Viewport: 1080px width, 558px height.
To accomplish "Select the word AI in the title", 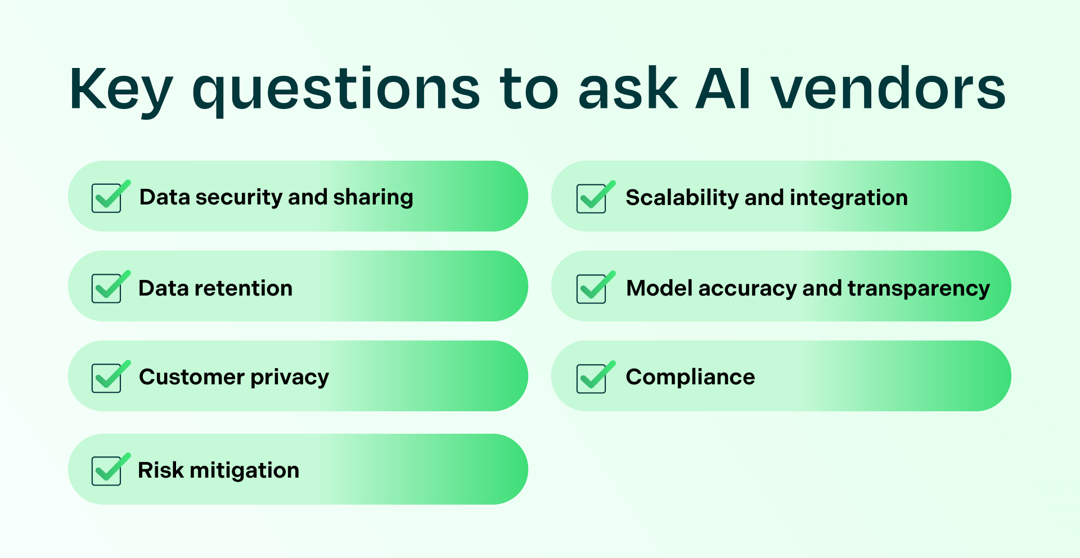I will (x=723, y=89).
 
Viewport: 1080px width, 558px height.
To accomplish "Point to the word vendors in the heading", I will (x=888, y=89).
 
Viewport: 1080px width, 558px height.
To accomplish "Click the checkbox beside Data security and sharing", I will (x=107, y=198).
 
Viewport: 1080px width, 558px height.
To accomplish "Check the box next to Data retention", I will (x=107, y=288).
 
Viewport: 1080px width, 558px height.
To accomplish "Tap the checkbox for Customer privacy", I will (x=107, y=378).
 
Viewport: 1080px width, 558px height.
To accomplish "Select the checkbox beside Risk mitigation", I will (x=107, y=470).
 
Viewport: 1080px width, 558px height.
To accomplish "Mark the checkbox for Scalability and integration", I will (x=592, y=198).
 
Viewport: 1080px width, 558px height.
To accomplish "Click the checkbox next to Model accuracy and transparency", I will (x=592, y=288).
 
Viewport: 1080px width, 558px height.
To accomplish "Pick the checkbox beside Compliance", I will (x=592, y=378).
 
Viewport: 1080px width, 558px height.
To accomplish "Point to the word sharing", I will (x=373, y=197).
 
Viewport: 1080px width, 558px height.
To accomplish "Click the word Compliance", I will (x=690, y=377).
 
